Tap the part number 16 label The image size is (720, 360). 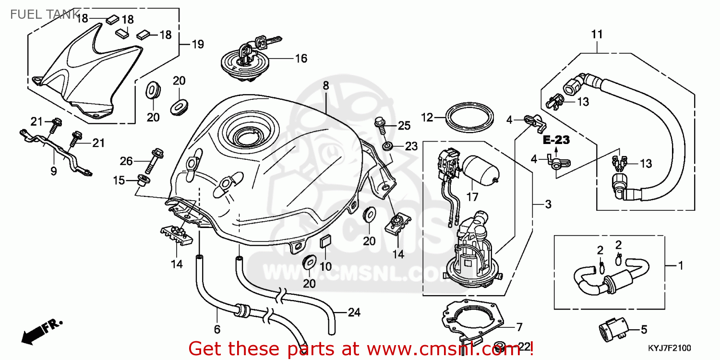[301, 59]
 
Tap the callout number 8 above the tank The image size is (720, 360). [325, 86]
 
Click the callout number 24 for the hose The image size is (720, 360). [354, 312]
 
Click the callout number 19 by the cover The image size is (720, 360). [198, 45]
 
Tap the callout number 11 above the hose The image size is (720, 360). [597, 34]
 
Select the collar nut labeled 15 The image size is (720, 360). [143, 180]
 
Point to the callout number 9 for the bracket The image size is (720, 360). [53, 170]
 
